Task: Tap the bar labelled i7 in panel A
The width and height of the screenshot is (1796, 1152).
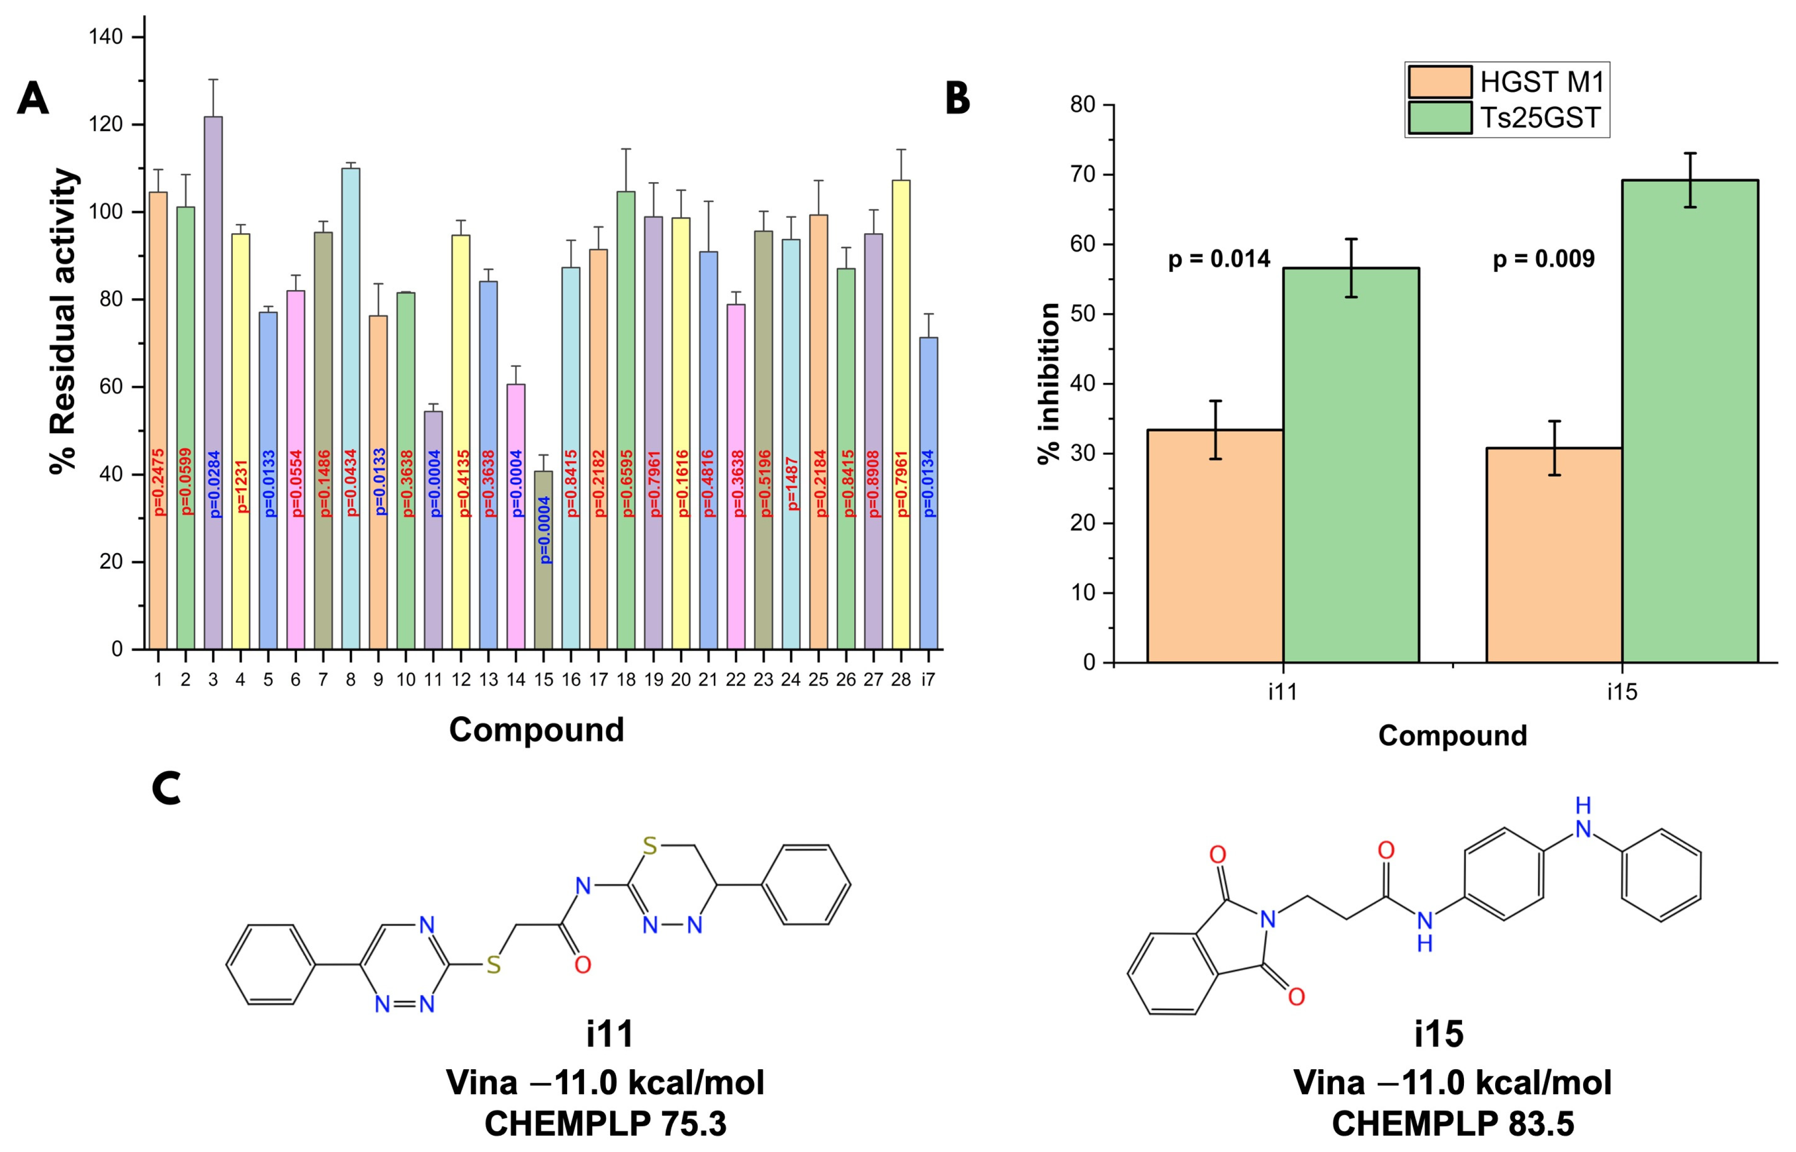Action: [928, 494]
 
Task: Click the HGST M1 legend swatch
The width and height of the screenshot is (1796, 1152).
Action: [1439, 81]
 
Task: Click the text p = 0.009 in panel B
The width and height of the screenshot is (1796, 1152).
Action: [1543, 259]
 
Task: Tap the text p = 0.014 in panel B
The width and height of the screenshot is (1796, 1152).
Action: [1219, 259]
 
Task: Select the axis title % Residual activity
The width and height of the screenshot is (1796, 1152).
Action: [63, 322]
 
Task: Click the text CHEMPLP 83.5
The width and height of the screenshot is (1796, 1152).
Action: [1452, 1124]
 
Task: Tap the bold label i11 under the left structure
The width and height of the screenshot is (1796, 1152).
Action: [609, 1034]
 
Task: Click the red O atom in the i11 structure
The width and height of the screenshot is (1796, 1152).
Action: [582, 965]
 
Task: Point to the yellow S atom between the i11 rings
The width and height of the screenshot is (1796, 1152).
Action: [493, 965]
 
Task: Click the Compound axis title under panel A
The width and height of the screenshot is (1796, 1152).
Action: [536, 730]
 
